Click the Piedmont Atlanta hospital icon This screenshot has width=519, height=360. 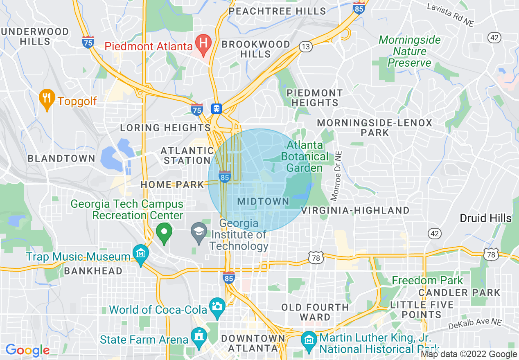[x=202, y=42]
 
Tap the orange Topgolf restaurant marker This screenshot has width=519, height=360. [x=47, y=98]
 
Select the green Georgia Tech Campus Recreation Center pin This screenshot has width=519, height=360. [x=164, y=232]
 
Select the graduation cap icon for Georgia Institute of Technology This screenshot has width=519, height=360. [x=199, y=232]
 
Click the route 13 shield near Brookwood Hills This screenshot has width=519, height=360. [x=305, y=47]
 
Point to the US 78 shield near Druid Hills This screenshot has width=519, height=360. [x=490, y=254]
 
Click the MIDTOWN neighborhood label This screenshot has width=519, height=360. [x=263, y=201]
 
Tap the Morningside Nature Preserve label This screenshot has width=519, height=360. [x=410, y=51]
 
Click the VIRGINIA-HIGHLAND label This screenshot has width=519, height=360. [x=355, y=210]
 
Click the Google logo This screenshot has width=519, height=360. [x=27, y=350]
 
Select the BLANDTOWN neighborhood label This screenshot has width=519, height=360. [x=61, y=158]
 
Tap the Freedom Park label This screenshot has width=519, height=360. [x=427, y=280]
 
